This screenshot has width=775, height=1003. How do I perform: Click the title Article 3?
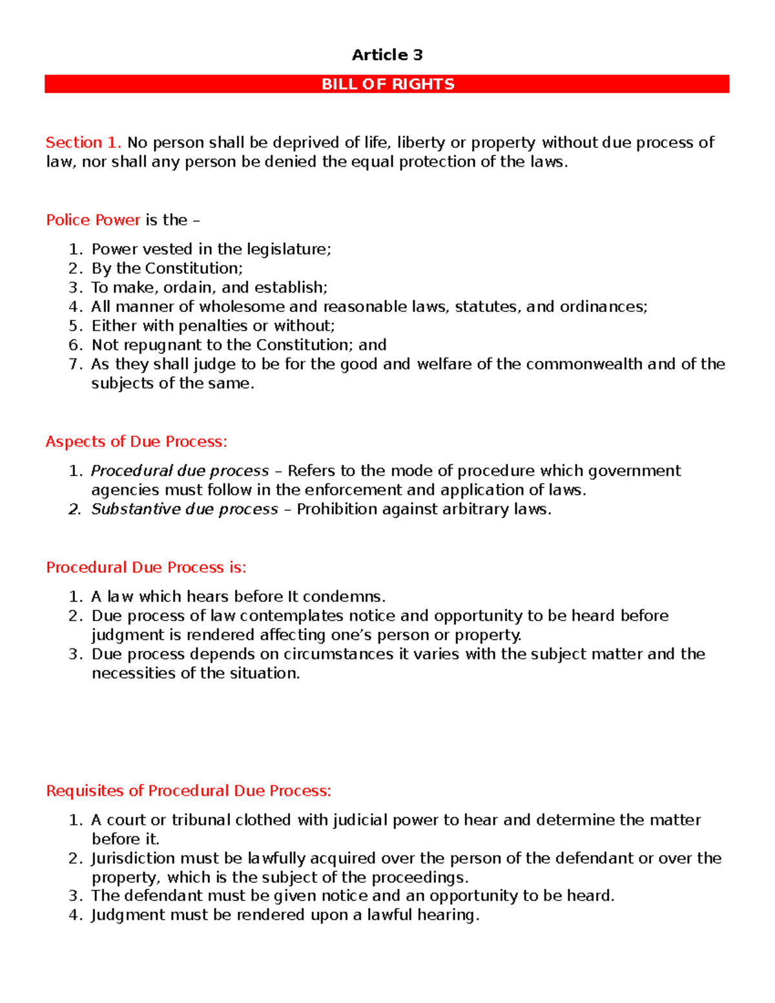(x=387, y=55)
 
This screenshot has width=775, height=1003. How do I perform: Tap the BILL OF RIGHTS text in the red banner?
(x=387, y=84)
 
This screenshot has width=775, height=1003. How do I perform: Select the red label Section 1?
(x=83, y=142)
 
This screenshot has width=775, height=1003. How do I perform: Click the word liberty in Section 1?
(x=420, y=142)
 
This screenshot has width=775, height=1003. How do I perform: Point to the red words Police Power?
(x=93, y=220)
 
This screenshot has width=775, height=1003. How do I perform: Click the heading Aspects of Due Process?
(x=136, y=442)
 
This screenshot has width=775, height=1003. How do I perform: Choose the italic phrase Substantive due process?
(x=184, y=510)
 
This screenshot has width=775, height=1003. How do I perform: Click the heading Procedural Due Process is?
(x=146, y=567)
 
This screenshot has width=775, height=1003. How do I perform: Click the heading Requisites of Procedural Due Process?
(x=189, y=791)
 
